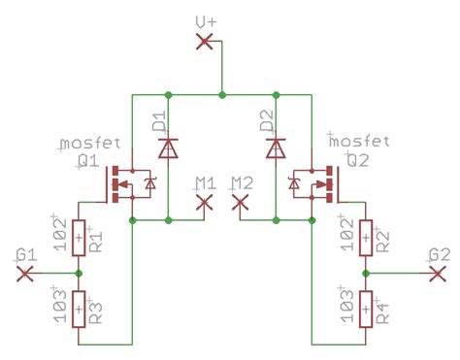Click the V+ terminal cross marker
click(204, 41)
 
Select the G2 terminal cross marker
click(437, 274)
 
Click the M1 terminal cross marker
click(204, 202)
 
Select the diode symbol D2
click(277, 147)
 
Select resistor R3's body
click(79, 310)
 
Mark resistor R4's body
click(365, 310)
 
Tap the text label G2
click(440, 254)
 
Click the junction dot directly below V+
click(222, 94)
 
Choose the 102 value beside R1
click(61, 237)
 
